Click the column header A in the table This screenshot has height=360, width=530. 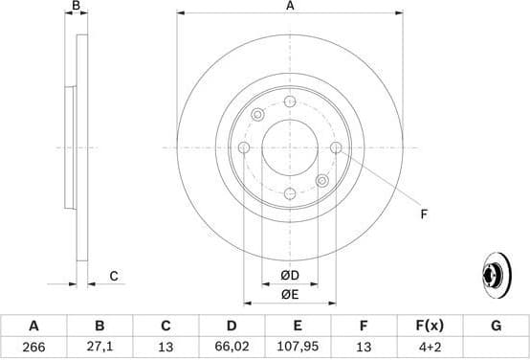34,326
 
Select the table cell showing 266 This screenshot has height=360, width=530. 34,349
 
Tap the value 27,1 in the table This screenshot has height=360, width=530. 100,349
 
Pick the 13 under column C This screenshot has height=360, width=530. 166,349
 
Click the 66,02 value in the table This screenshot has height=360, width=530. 232,349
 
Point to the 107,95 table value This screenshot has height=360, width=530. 298,349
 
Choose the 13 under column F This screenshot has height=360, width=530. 364,349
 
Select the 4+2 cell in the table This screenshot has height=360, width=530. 430,349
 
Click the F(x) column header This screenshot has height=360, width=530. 430,326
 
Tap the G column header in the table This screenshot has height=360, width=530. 496,326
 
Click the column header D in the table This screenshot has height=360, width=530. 232,326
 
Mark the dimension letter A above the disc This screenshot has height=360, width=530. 289,6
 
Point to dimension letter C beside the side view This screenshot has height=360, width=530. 113,277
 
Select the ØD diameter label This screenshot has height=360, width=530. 289,277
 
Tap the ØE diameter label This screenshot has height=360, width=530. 289,295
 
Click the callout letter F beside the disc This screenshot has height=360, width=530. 423,214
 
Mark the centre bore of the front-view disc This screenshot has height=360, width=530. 289,147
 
